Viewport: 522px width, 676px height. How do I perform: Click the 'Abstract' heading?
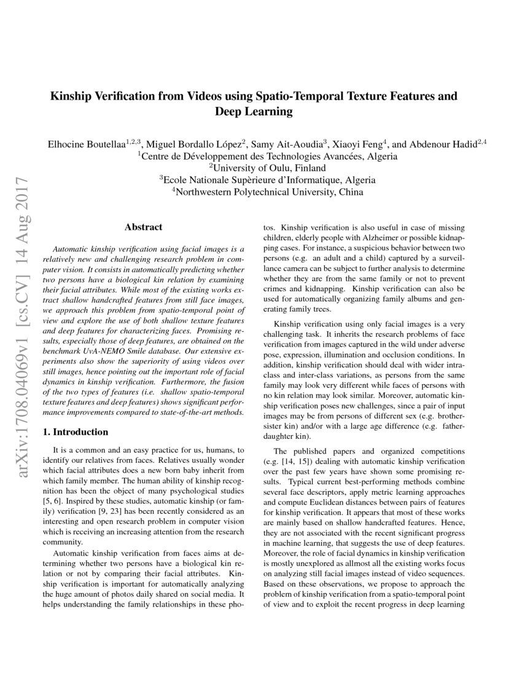point(143,227)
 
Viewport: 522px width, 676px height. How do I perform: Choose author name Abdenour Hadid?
point(443,144)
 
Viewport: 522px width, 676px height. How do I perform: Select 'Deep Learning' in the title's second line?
point(252,112)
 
